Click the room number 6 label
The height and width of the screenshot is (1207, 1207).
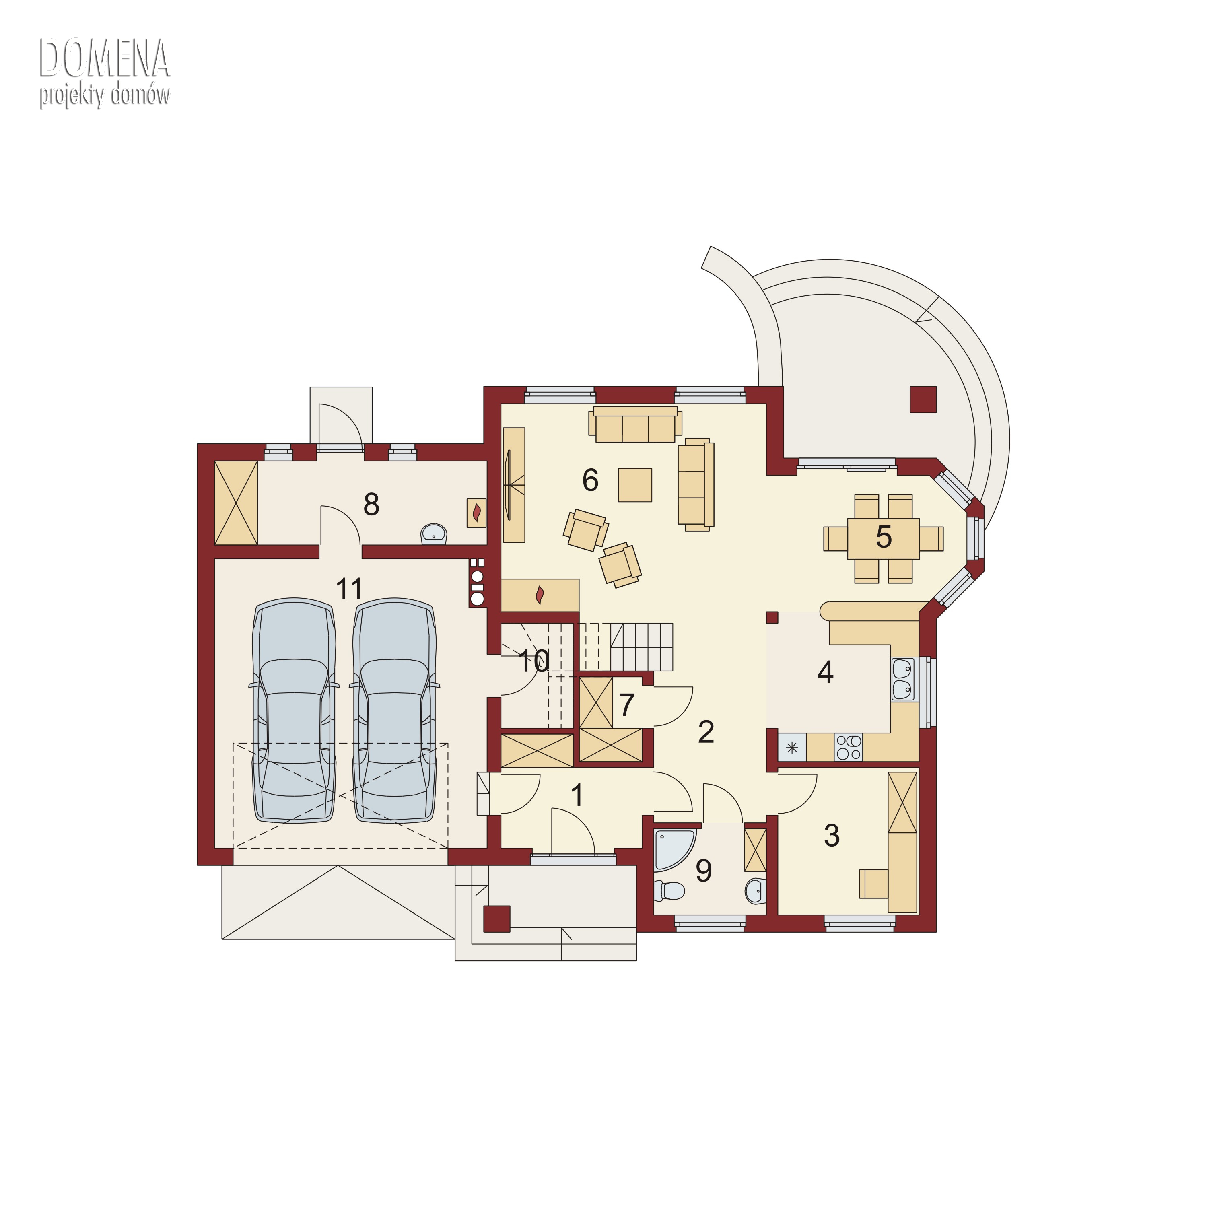pyautogui.click(x=590, y=480)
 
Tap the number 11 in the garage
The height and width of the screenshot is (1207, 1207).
pyautogui.click(x=349, y=589)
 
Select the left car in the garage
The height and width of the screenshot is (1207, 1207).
pyautogui.click(x=294, y=711)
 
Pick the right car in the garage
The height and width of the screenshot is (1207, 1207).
pyautogui.click(x=395, y=711)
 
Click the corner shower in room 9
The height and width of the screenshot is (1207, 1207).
pyautogui.click(x=674, y=850)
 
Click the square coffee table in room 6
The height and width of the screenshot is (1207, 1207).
pyautogui.click(x=635, y=485)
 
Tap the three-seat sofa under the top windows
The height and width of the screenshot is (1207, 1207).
pyautogui.click(x=635, y=425)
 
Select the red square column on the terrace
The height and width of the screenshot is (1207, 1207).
pyautogui.click(x=923, y=399)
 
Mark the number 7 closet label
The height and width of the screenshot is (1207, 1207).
pyautogui.click(x=627, y=705)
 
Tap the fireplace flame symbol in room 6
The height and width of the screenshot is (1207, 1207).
pyautogui.click(x=540, y=595)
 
